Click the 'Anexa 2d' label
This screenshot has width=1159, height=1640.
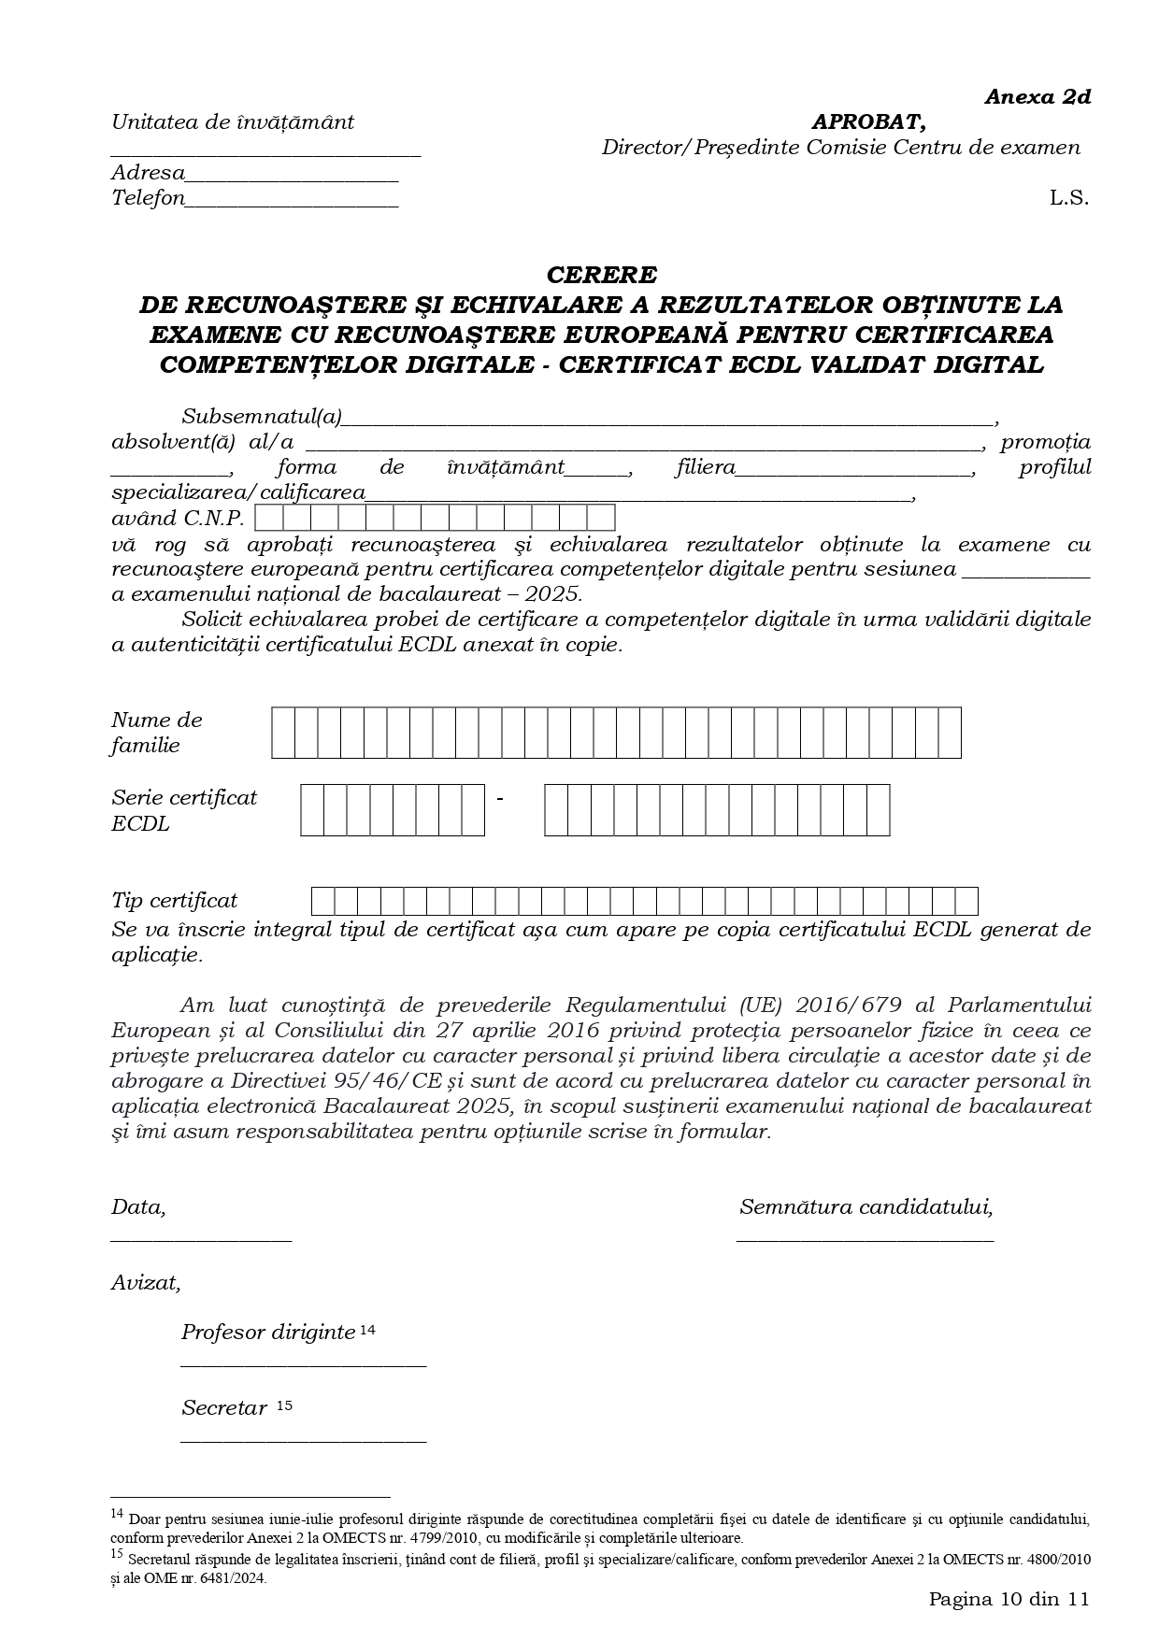click(1037, 97)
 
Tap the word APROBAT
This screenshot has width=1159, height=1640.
click(868, 121)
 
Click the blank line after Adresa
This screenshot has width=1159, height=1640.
click(292, 179)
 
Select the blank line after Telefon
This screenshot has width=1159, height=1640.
click(292, 205)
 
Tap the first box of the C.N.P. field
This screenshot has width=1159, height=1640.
click(268, 518)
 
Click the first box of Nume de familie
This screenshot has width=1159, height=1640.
click(283, 733)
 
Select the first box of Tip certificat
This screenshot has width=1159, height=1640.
click(322, 902)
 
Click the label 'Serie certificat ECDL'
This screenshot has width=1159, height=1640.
click(183, 810)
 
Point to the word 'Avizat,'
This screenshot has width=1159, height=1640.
click(146, 1282)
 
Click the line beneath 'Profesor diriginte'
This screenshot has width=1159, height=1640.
click(303, 1365)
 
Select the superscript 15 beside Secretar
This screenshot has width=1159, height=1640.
click(284, 1405)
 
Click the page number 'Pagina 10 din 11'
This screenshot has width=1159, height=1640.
click(1009, 1598)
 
